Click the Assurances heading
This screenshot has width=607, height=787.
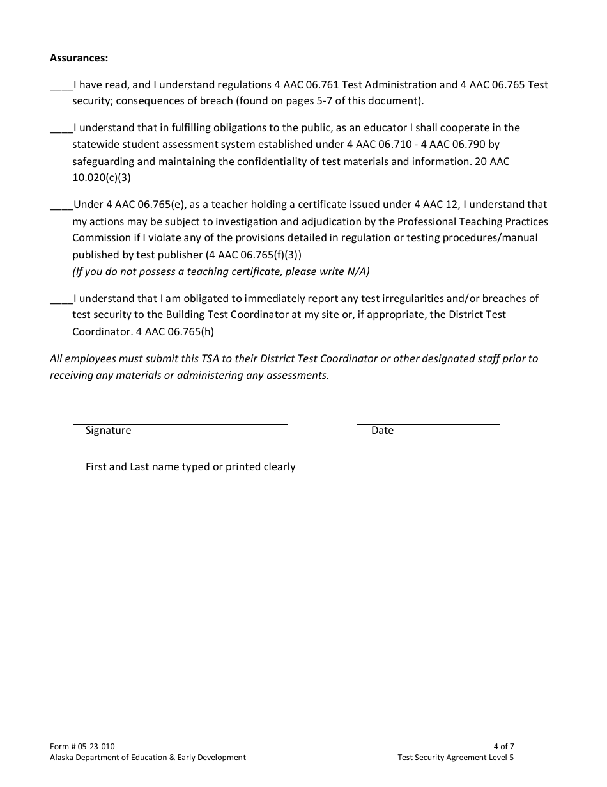coord(79,58)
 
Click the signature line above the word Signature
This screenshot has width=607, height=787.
coord(180,424)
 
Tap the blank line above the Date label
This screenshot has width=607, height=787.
coord(427,424)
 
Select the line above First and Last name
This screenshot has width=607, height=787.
coord(180,459)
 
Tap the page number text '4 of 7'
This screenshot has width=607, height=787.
coord(503,746)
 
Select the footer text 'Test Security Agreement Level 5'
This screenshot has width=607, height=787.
coord(455,758)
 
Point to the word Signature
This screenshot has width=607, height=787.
coord(108,431)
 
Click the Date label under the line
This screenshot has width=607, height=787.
coord(382,431)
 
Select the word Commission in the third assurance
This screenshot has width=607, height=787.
coord(100,237)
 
